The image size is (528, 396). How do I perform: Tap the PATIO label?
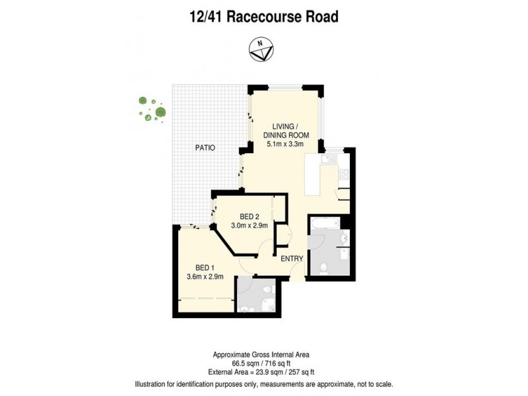pyautogui.click(x=205, y=148)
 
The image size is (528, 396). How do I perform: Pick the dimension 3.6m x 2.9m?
pyautogui.click(x=205, y=277)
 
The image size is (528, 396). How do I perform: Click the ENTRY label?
pyautogui.click(x=291, y=258)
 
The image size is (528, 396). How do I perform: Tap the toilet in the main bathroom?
pyautogui.click(x=323, y=266)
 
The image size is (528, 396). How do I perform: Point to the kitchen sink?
pyautogui.click(x=328, y=160)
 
